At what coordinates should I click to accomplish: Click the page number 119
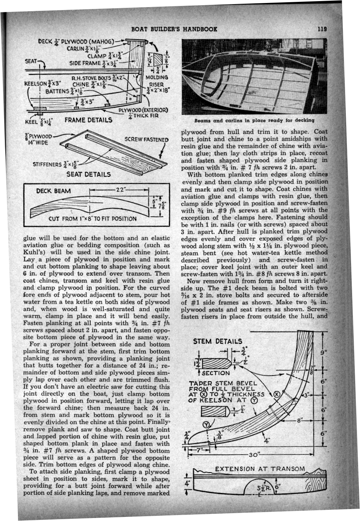click(322, 29)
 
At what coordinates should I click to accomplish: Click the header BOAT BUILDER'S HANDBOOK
click(174, 29)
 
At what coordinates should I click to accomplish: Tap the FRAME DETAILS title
click(88, 120)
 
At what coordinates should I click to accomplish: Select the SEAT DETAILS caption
click(88, 174)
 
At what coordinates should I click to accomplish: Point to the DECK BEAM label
click(53, 191)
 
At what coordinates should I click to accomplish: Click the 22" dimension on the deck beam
click(121, 189)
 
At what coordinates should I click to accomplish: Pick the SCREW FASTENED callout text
click(146, 139)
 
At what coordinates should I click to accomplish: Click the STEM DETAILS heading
click(217, 341)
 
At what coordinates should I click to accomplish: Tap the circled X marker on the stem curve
click(276, 395)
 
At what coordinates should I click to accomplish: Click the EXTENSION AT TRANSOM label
click(260, 469)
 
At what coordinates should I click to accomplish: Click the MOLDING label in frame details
click(157, 77)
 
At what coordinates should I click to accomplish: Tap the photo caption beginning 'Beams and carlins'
click(254, 120)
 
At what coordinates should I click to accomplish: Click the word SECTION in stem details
click(216, 373)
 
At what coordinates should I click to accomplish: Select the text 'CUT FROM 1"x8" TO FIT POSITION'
click(93, 219)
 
